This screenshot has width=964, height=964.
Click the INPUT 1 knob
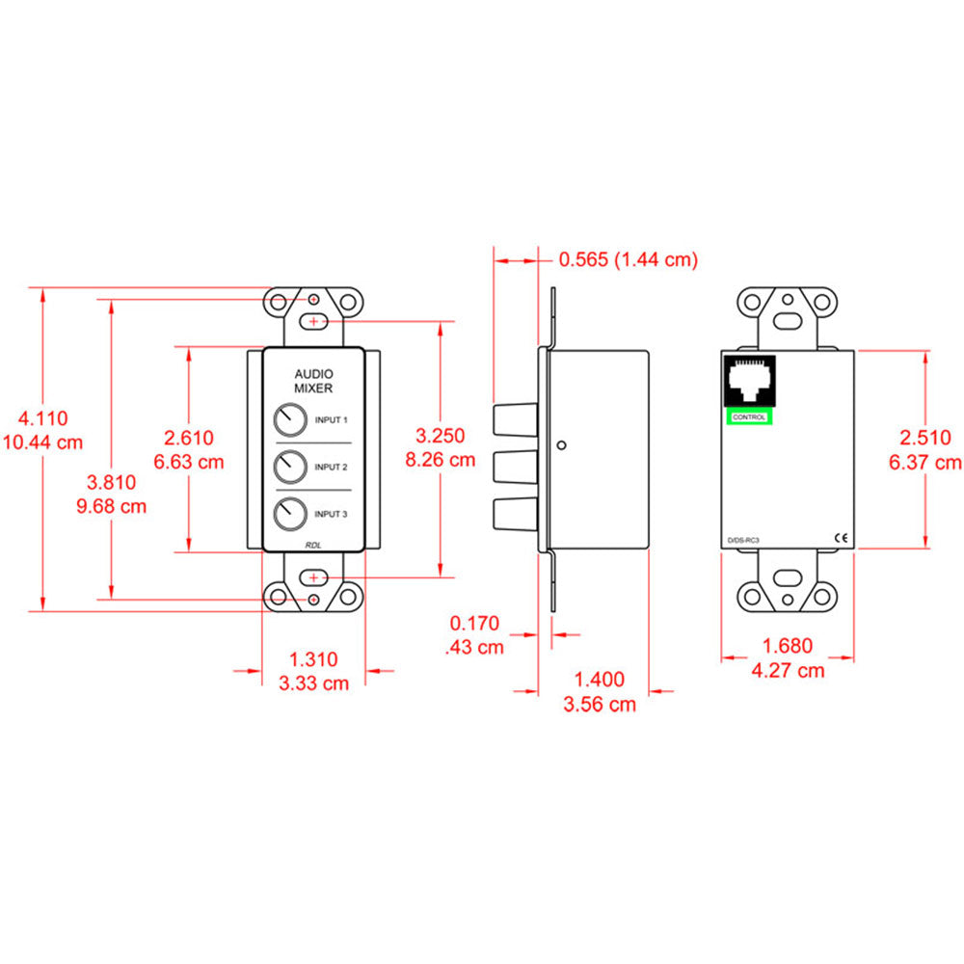point(287,420)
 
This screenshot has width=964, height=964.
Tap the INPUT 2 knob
point(287,468)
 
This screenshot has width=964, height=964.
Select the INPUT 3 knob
point(287,514)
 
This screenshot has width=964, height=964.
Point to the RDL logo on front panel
point(313,544)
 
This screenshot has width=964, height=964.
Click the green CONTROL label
point(749,416)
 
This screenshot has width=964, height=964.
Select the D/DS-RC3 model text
point(744,542)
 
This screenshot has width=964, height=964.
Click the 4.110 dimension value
point(44,418)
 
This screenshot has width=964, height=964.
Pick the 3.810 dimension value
point(112,482)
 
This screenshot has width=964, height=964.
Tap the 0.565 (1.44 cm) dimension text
point(628,259)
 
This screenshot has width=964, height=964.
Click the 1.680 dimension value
point(788,647)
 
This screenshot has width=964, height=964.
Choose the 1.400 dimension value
point(600,681)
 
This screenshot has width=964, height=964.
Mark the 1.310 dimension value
point(313,660)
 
